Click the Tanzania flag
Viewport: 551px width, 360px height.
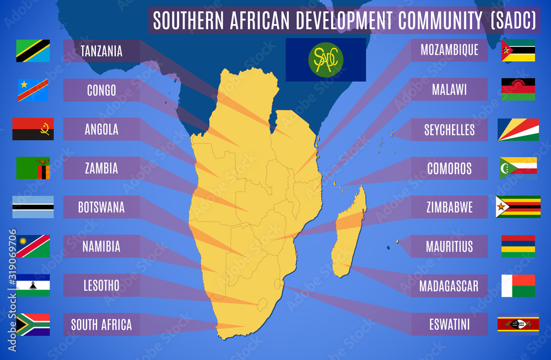(33, 51)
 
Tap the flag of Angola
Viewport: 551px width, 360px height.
(33, 129)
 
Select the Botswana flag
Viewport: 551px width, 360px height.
(33, 207)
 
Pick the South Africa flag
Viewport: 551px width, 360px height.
(33, 324)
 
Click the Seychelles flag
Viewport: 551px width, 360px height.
(518, 130)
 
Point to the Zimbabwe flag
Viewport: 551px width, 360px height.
(518, 207)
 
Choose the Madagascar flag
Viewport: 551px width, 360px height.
(518, 286)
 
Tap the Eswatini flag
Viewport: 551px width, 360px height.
(518, 324)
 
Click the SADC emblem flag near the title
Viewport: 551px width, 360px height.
(326, 60)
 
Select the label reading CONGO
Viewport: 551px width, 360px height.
(101, 90)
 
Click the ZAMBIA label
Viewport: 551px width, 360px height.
(101, 168)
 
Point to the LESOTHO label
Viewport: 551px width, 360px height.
(101, 286)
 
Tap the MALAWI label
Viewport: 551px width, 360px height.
(450, 89)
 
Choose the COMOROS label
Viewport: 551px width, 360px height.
(450, 168)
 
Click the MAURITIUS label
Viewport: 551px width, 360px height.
(450, 246)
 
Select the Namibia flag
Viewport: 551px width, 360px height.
(33, 246)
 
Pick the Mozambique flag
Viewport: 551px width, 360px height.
(518, 50)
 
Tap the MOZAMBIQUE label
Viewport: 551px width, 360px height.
(450, 51)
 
